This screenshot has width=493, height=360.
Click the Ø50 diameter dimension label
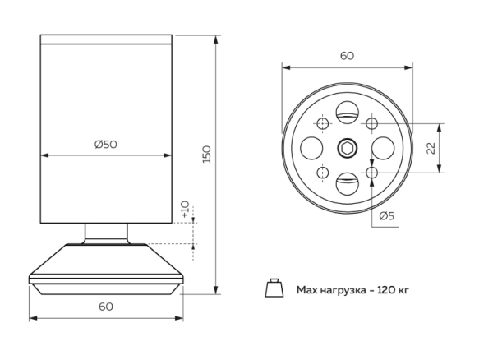click(x=106, y=144)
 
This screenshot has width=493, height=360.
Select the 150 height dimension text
click(x=206, y=154)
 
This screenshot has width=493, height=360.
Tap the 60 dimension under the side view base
click(x=105, y=306)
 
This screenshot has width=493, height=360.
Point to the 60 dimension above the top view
click(x=346, y=55)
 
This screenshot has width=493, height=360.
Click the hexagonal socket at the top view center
click(x=346, y=148)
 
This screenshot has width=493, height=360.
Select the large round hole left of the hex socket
click(x=313, y=148)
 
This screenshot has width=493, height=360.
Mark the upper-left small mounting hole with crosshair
click(x=321, y=123)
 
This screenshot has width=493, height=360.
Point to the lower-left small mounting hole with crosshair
click(x=321, y=173)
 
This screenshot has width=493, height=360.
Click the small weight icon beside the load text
click(x=273, y=288)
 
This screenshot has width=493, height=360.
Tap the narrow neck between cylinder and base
click(x=106, y=233)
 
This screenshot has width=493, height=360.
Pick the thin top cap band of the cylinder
click(x=106, y=39)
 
